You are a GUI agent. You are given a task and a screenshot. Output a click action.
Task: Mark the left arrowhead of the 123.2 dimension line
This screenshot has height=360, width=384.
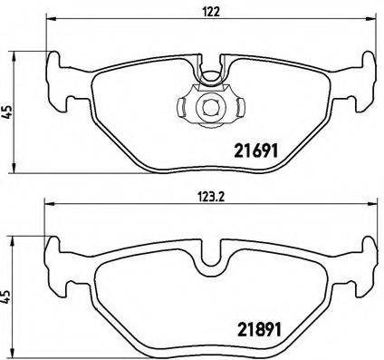tap(49, 206)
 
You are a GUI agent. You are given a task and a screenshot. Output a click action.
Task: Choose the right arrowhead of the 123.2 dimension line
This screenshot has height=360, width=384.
tap(370, 206)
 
